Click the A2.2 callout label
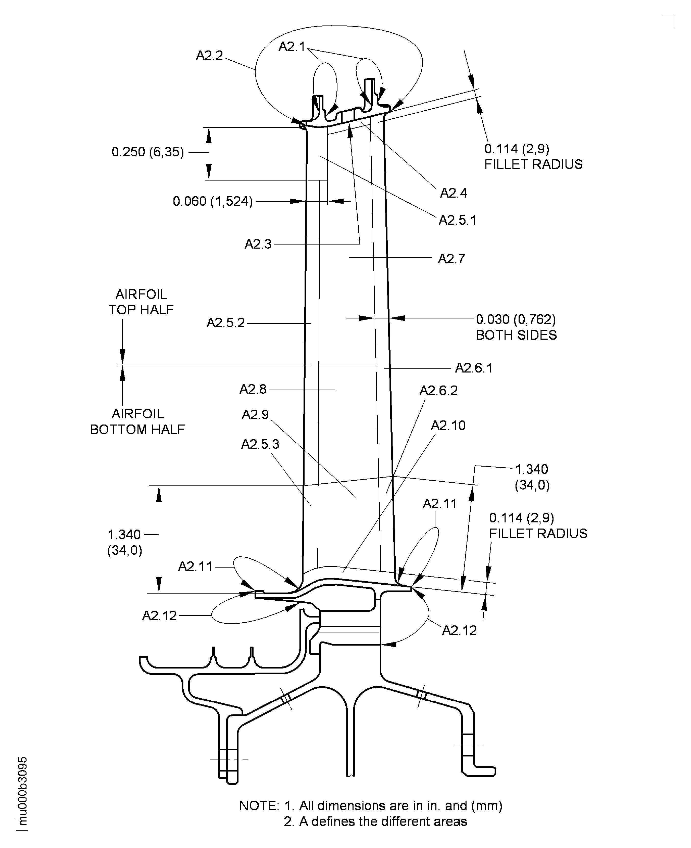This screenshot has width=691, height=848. pyautogui.click(x=209, y=56)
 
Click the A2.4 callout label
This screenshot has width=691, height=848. pyautogui.click(x=453, y=193)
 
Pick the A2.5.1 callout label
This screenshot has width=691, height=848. pyautogui.click(x=457, y=220)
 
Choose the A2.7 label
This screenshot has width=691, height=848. pyautogui.click(x=451, y=259)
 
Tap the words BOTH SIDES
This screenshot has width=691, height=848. pyautogui.click(x=516, y=335)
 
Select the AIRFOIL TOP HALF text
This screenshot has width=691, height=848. pyautogui.click(x=141, y=302)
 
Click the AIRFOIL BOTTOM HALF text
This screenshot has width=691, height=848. pyautogui.click(x=137, y=422)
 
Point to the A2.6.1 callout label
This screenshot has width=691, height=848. pyautogui.click(x=474, y=368)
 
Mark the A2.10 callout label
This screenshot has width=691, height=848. pyautogui.click(x=448, y=425)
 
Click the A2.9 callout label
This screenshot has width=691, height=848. pyautogui.click(x=255, y=415)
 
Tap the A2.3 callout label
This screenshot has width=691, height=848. pyautogui.click(x=258, y=244)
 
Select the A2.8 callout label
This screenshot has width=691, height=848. pyautogui.click(x=253, y=389)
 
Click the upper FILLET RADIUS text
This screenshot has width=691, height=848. pyautogui.click(x=533, y=164)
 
